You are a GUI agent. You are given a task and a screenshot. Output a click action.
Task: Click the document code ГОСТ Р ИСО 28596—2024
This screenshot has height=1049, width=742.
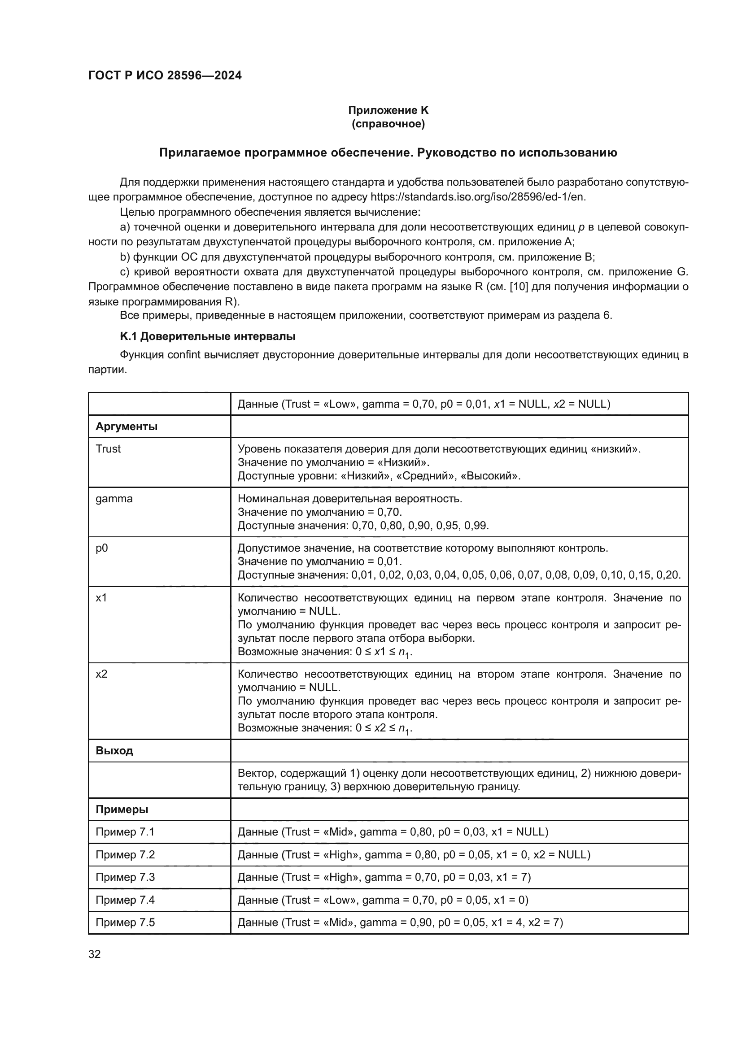coord(165,76)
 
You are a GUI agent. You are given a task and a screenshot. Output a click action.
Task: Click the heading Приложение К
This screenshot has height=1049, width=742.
coord(388,110)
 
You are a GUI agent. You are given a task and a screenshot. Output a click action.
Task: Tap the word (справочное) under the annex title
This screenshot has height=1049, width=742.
coord(388,124)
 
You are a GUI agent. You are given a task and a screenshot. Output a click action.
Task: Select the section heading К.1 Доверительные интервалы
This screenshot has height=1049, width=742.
coord(207,336)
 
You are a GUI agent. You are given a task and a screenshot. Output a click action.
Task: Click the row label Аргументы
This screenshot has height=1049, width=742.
coord(127,426)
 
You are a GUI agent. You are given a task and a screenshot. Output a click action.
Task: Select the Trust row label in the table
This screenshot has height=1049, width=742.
coord(108,448)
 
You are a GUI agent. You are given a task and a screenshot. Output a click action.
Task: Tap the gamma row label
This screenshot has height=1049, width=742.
coord(114,498)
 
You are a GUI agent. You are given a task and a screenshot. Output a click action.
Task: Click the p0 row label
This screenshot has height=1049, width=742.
coord(102,548)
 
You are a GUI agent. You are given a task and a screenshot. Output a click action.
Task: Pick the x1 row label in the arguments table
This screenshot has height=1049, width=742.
coord(101,597)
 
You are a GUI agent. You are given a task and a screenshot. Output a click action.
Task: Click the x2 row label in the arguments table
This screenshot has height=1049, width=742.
coord(101,674)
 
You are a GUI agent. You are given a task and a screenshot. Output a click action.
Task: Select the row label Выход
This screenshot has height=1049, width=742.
coord(114,751)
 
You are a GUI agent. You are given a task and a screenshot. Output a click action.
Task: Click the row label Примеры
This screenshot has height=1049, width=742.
coord(122,810)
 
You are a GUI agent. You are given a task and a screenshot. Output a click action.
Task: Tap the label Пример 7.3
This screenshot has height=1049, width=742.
coord(125,877)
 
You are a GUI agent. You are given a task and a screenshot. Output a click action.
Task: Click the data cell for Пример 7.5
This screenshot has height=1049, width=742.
coord(400,923)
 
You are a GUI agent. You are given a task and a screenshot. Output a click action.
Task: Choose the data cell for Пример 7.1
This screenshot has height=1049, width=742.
coord(393,832)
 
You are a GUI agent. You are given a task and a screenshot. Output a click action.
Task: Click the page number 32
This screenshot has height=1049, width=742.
coord(95,954)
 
